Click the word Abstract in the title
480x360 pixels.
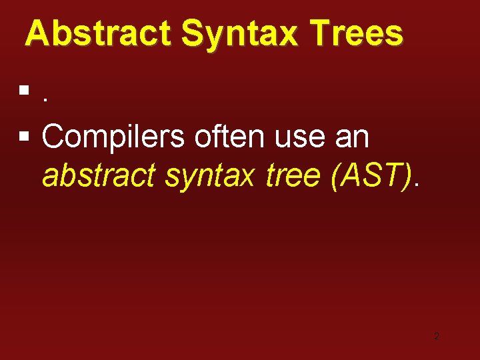tap(99, 33)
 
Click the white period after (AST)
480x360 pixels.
tap(417, 185)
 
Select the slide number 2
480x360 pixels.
tap(437, 336)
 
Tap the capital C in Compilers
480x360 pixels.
tap(53, 137)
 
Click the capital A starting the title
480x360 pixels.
tap(37, 33)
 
